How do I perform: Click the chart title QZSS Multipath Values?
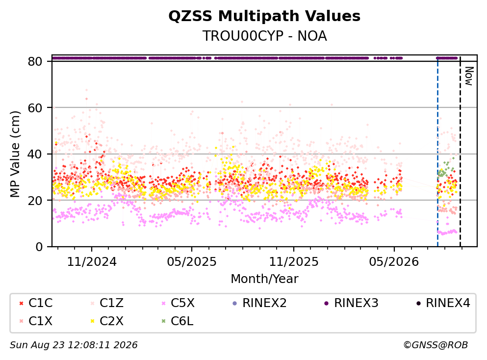point(264,16)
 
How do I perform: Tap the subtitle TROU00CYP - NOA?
point(264,36)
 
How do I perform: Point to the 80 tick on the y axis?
point(35,61)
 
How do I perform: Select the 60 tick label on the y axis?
point(35,108)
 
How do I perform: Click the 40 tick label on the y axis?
point(35,154)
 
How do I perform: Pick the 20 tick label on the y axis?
point(35,201)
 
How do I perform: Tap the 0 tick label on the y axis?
point(39,247)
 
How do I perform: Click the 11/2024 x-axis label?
point(92,262)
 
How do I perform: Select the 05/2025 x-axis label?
point(192,262)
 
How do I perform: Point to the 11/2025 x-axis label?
point(293,262)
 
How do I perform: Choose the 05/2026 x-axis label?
point(394,262)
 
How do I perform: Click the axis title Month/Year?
point(264,279)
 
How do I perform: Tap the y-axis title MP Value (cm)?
point(15,154)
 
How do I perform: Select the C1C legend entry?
point(36,303)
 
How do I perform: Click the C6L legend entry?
point(177,321)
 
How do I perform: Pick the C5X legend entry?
point(178,303)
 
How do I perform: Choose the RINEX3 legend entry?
point(351,303)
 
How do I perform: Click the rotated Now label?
point(469,76)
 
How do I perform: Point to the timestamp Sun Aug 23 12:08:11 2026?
point(74,345)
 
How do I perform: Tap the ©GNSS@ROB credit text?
point(436,345)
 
